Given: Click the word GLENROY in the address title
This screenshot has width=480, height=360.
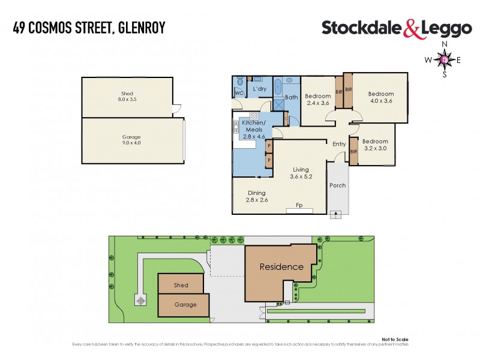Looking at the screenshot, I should (x=140, y=28).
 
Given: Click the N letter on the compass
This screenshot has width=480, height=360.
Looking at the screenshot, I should (x=444, y=45).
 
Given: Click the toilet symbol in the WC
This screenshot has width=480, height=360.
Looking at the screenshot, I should (x=239, y=82).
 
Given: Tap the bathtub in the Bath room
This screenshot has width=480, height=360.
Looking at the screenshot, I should (x=278, y=88).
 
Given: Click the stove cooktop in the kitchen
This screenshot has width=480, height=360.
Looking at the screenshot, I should (x=254, y=115).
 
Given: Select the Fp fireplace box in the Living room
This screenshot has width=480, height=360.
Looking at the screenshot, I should (x=299, y=206).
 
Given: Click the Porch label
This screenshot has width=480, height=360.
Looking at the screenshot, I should (x=338, y=185).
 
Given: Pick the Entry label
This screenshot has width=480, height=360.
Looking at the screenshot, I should (x=339, y=143).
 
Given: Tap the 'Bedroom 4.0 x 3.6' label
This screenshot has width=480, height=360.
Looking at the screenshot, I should (x=380, y=97).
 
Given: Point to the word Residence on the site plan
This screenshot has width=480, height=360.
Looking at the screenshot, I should (x=281, y=266).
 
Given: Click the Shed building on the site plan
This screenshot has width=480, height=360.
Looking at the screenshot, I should (x=181, y=285).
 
